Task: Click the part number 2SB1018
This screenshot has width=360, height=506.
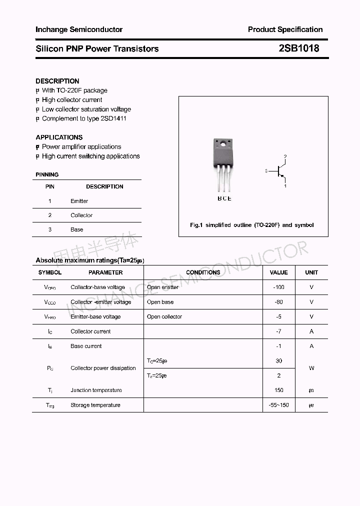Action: pos(299,48)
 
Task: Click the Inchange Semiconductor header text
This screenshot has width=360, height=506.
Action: pos(79,29)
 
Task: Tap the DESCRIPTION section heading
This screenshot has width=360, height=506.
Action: pos(57,81)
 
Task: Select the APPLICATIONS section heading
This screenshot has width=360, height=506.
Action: pos(59,137)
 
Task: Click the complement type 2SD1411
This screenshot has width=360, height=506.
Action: pos(113,118)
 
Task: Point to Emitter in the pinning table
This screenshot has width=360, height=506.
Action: pos(79,201)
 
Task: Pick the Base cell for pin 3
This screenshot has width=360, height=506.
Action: pos(76,229)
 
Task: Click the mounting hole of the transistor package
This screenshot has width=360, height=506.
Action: pos(221,145)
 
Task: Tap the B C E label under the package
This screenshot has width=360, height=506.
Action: pos(224,198)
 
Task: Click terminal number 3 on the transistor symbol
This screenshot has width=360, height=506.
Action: pos(266,171)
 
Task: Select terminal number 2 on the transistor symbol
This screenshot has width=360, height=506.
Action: pos(285,156)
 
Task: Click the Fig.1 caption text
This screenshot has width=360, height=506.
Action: pos(251,225)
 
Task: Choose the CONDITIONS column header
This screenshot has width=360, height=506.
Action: pos(203,272)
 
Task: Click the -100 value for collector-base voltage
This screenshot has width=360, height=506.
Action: pos(278,287)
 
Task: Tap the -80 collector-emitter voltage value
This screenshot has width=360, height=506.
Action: pos(278,302)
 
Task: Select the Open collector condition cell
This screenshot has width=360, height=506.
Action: pos(164,316)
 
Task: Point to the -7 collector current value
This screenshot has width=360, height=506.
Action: pos(278,331)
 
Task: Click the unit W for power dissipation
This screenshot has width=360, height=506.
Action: pos(311,368)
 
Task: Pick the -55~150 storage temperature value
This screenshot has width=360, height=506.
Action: pos(278,405)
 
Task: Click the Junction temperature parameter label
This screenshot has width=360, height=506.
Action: pos(96,390)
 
